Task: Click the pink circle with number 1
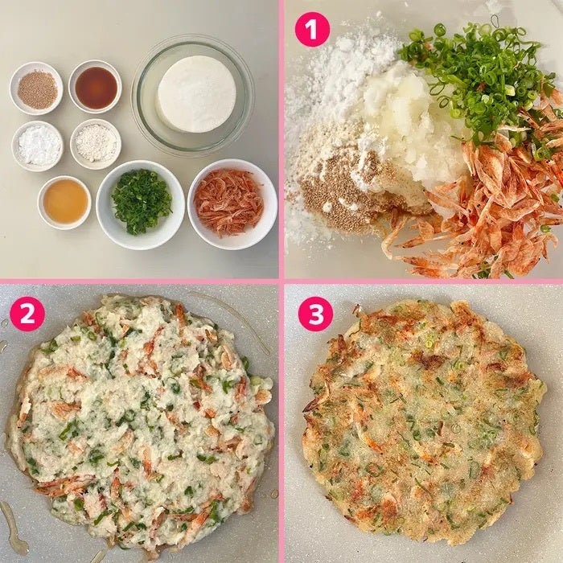(312, 29)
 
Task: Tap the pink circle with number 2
(27, 314)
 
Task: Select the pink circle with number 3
(315, 314)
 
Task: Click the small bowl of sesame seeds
(37, 88)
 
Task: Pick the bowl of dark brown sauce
(95, 87)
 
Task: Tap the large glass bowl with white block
(193, 94)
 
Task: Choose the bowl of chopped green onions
(141, 204)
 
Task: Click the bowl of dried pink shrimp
(232, 204)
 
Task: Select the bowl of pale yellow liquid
(64, 203)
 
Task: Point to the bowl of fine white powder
(37, 146)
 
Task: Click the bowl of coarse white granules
(96, 144)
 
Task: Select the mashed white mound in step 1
(405, 125)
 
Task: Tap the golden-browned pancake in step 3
(424, 420)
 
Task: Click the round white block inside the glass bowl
(196, 93)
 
